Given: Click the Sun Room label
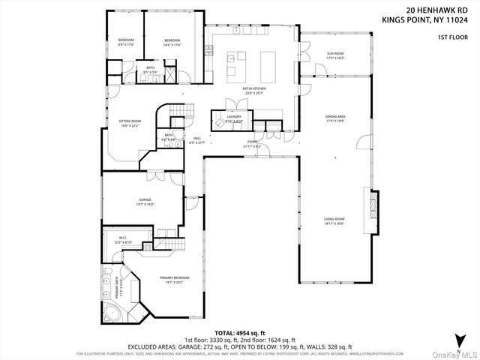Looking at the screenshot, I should tap(335, 55).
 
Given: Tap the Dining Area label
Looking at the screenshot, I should tap(335, 118).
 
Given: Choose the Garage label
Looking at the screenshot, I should tap(145, 202).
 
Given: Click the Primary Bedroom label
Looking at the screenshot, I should tap(174, 279).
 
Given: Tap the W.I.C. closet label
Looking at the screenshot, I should tap(123, 241).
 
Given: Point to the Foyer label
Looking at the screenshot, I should tap(251, 144).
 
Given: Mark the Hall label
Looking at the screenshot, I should tap(197, 139).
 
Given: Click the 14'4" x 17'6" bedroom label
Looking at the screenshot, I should tap(172, 41).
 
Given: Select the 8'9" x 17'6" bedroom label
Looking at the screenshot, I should tap(125, 41).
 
